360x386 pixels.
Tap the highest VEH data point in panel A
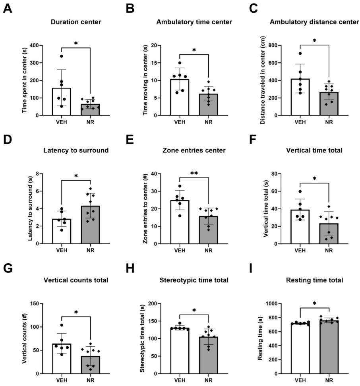coord(62,56)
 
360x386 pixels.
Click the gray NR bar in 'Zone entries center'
coord(209,230)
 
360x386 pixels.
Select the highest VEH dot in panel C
coord(300,53)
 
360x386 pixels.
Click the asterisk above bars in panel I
coord(314,304)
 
